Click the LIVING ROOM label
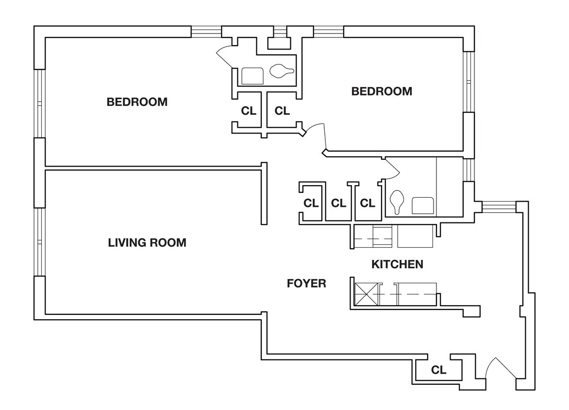point(147,242)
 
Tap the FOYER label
point(306,283)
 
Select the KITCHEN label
point(397,264)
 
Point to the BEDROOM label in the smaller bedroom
point(382,91)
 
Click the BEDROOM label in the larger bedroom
point(137,102)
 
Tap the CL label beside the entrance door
point(438,370)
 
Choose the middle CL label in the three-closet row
point(338,203)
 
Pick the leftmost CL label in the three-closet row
point(311,203)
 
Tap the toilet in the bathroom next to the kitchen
point(397,201)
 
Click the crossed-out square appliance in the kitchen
point(366,294)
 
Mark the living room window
point(39,242)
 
